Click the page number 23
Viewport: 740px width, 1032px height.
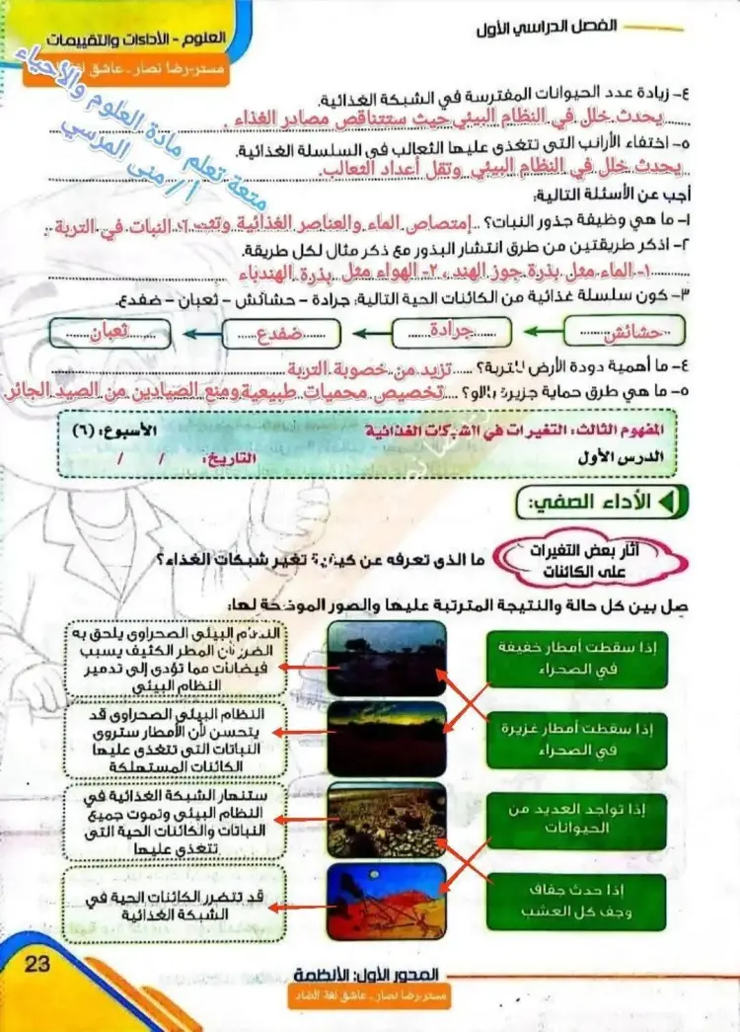pyautogui.click(x=37, y=965)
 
